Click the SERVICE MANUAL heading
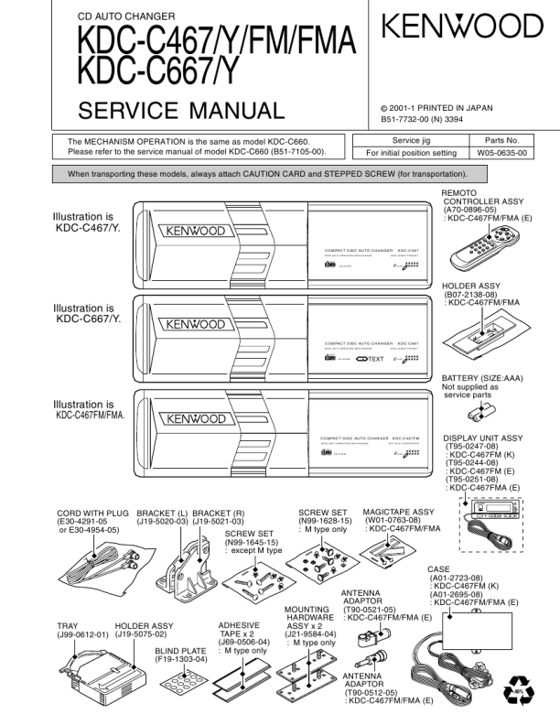182,113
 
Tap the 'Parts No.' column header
502,139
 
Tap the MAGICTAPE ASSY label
398,513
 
